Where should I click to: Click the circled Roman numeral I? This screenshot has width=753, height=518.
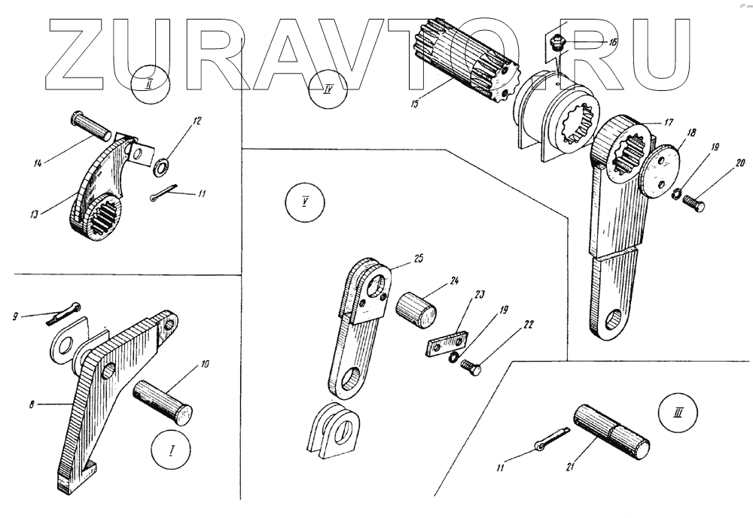[x=170, y=453]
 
